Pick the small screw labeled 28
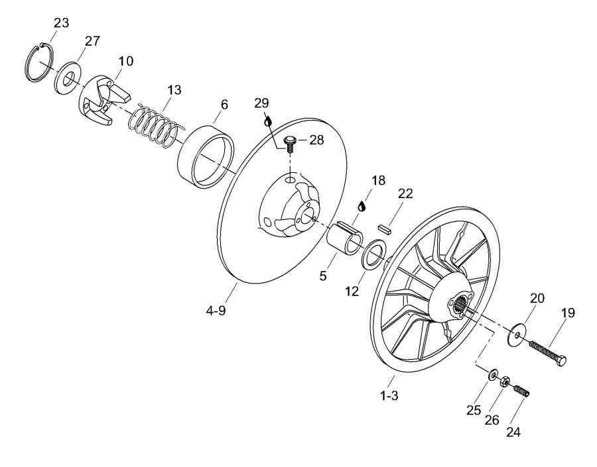coord(289,143)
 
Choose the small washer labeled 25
coord(492,376)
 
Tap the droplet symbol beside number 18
coord(362,206)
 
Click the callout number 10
coord(125,61)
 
